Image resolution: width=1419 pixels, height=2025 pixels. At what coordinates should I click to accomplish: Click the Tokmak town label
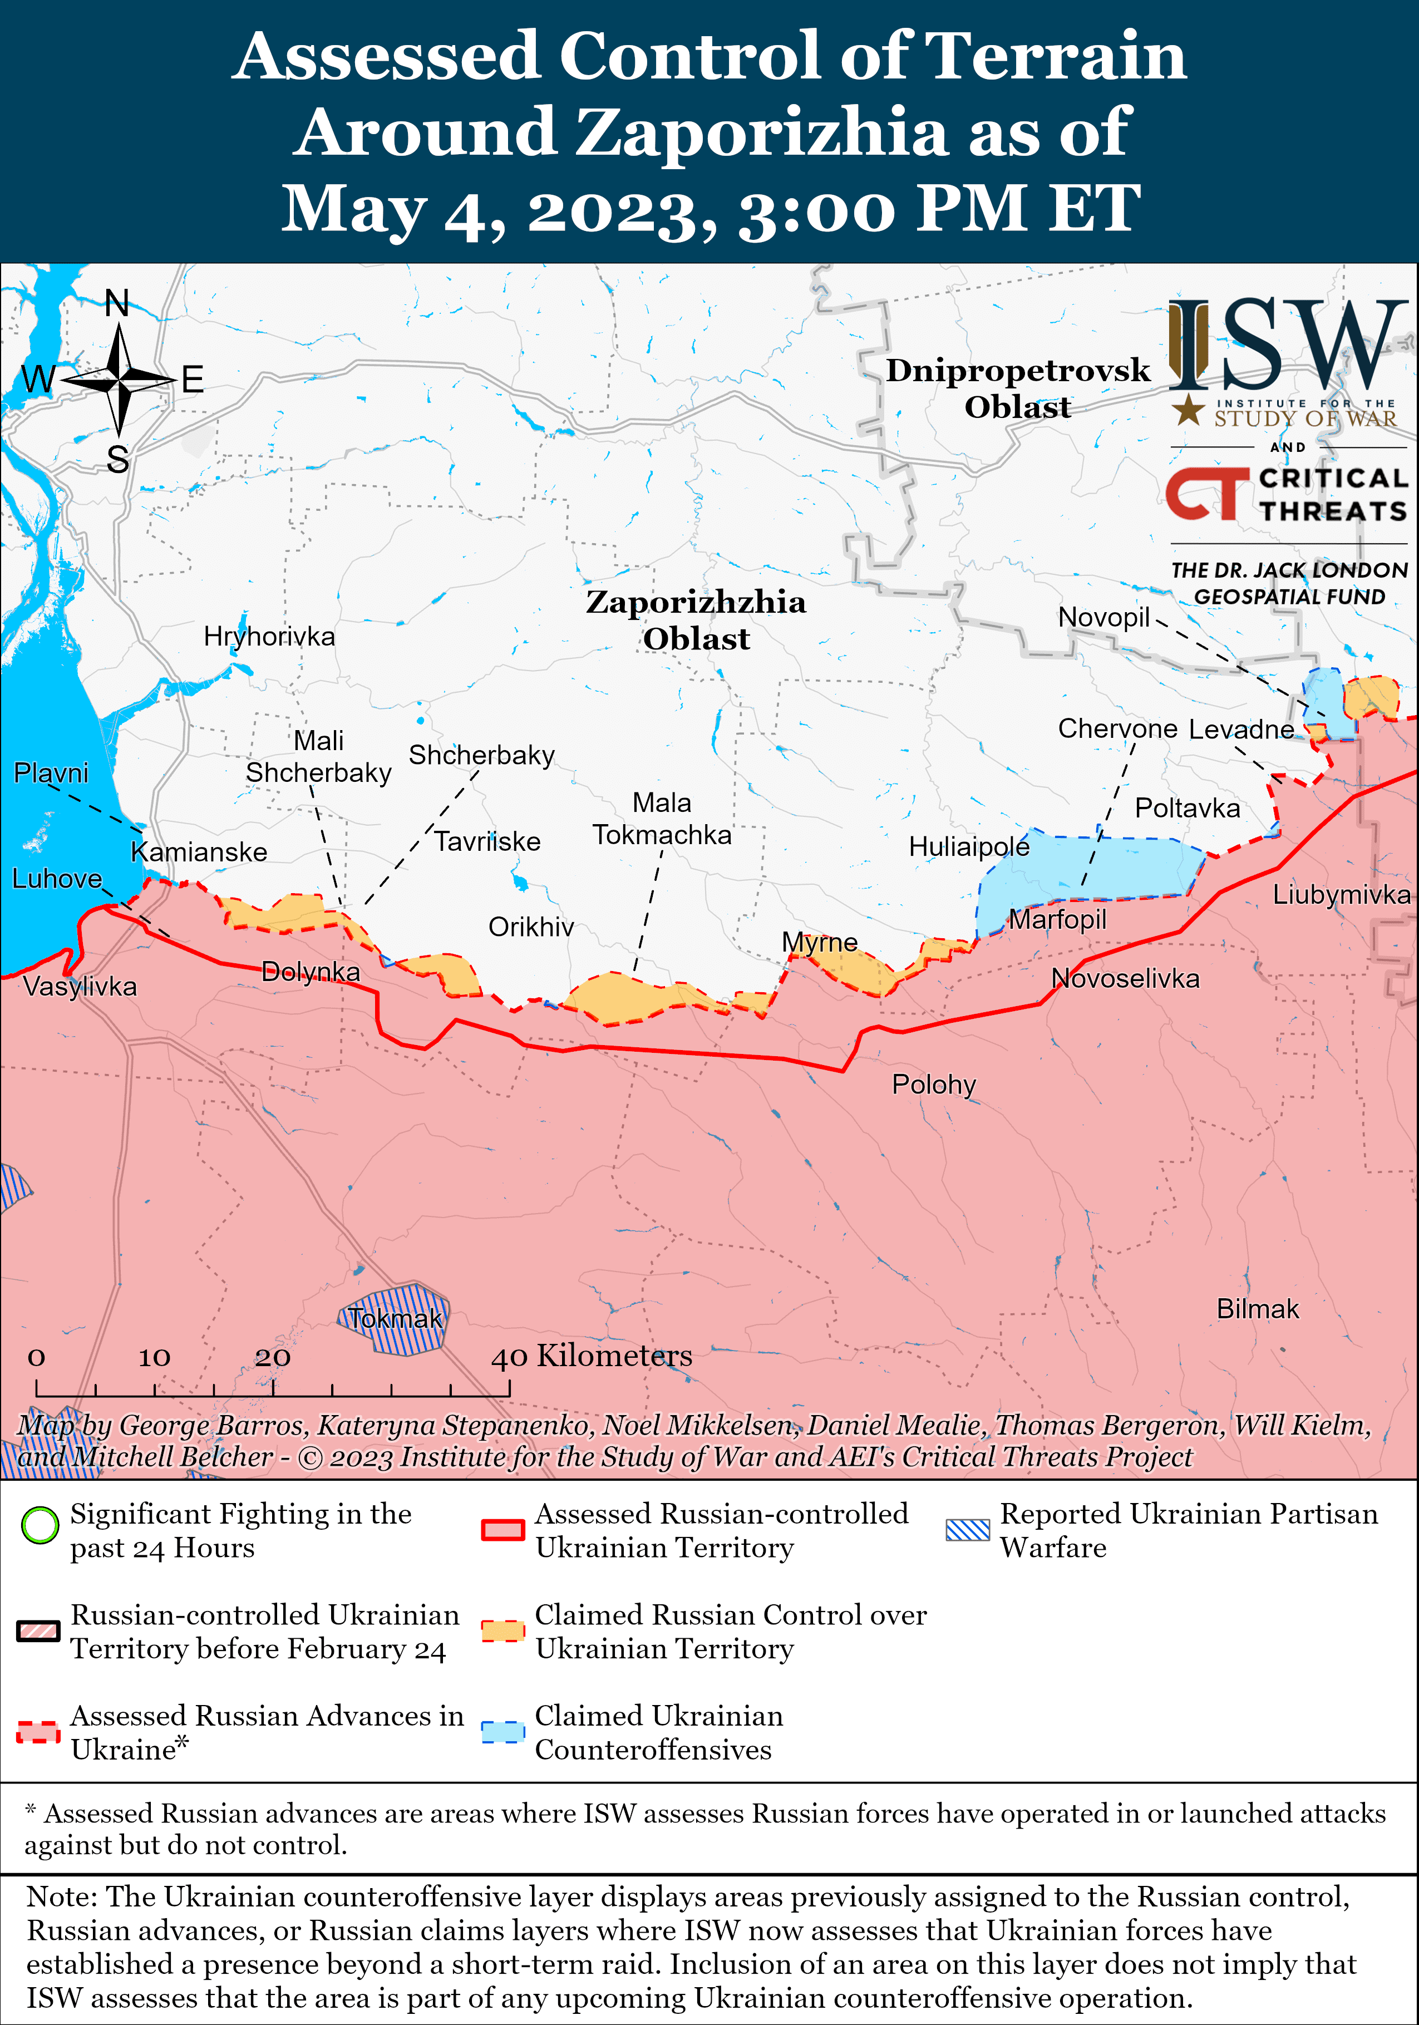click(x=394, y=1318)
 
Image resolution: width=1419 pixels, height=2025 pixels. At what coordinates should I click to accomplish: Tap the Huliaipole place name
click(x=968, y=847)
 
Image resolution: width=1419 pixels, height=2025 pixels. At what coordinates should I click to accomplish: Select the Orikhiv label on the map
click(x=531, y=927)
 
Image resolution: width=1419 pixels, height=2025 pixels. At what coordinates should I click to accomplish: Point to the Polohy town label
click(x=933, y=1084)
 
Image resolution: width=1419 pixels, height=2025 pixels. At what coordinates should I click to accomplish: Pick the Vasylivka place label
click(x=80, y=986)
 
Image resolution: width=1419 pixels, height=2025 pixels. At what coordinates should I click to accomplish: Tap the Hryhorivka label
click(x=269, y=636)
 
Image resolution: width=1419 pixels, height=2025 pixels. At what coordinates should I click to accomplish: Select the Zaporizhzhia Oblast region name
click(x=696, y=620)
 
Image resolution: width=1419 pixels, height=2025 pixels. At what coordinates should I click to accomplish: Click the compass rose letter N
click(x=117, y=303)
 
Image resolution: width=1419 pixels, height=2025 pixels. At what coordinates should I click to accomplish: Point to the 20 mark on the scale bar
click(x=273, y=1357)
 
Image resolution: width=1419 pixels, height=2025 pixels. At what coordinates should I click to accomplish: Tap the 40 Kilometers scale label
click(x=591, y=1356)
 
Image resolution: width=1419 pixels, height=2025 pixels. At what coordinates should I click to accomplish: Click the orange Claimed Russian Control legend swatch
click(x=504, y=1631)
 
